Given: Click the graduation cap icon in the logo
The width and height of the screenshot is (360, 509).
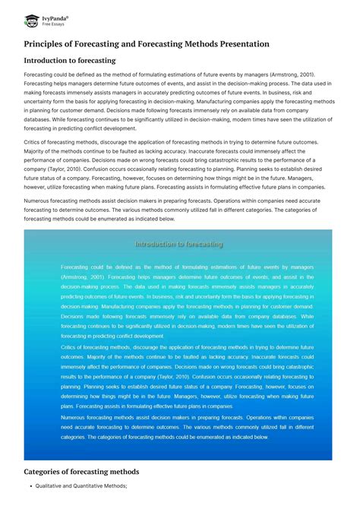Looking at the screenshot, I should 31,20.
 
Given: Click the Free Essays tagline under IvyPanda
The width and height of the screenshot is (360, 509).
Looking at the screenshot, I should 52,24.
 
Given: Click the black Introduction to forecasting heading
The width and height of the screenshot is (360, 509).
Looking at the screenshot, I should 70,60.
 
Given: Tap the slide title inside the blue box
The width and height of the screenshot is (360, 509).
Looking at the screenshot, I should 178,245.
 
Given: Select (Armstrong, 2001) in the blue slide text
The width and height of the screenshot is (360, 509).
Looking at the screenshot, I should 85,277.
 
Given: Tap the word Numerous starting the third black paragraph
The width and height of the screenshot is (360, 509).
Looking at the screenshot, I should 39,201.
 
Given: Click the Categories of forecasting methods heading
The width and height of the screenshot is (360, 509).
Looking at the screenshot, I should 81,472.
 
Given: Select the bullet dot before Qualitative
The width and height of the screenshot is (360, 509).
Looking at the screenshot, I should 27,486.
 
